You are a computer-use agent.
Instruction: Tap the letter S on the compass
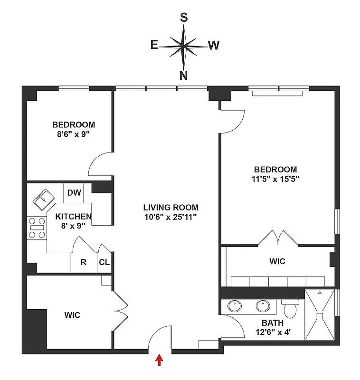coord(184,18)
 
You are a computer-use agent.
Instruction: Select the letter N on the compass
coord(184,75)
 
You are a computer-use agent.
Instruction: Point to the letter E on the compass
coord(154,45)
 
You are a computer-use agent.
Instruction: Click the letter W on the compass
coord(213,45)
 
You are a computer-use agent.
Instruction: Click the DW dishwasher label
coord(74,192)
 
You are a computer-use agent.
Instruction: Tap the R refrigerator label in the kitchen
coord(83,262)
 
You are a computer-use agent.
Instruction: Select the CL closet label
coord(104,262)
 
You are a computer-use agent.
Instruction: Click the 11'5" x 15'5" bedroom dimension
coord(275,179)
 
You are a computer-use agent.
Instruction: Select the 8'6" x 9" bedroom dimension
coord(74,134)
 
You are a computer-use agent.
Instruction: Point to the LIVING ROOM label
coord(171,208)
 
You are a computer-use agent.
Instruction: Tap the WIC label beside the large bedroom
coord(277,262)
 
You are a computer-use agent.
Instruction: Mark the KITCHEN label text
coord(74,216)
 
